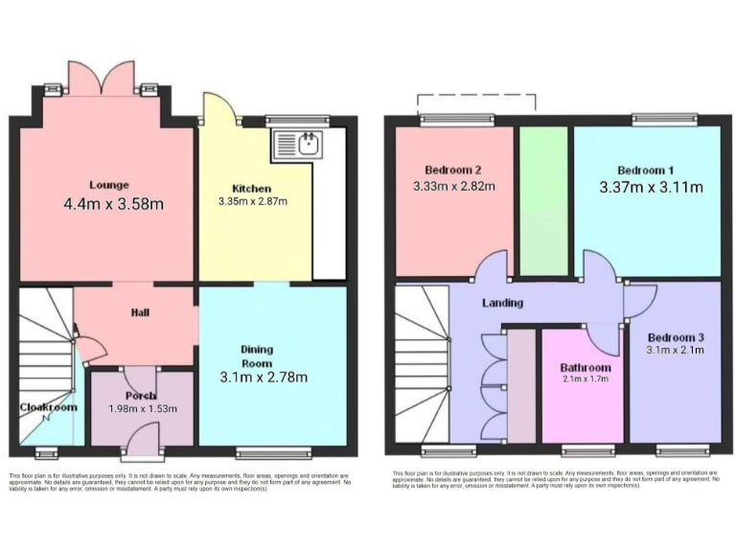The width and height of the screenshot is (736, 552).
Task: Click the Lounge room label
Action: tap(109, 185)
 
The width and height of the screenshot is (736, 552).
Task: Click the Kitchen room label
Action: tap(251, 188)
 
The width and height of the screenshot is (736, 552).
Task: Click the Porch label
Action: tap(140, 395)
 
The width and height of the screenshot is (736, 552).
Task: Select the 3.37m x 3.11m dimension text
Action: tap(650, 187)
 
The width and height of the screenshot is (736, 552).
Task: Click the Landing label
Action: tap(502, 303)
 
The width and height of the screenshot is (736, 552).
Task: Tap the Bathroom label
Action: tap(586, 367)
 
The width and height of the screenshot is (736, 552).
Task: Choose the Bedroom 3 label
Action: tap(676, 337)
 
